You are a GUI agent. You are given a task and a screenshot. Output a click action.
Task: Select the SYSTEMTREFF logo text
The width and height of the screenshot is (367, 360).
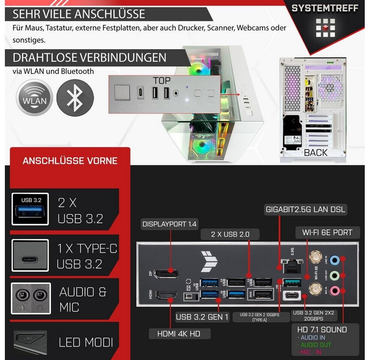point(325,8)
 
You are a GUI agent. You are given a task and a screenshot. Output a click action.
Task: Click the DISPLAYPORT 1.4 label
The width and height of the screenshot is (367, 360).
point(169,224)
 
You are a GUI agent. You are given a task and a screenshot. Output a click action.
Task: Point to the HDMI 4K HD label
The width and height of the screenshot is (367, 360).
point(180,333)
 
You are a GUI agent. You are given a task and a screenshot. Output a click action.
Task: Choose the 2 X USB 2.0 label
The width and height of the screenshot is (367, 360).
point(230,235)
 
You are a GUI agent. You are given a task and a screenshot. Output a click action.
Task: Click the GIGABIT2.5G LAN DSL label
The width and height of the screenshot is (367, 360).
point(306,209)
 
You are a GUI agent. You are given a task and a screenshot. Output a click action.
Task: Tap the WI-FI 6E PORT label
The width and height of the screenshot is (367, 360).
point(327,232)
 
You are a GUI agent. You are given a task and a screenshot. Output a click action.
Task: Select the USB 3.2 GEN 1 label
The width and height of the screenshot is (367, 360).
point(202,317)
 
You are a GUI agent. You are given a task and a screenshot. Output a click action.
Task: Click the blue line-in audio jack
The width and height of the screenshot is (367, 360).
point(336,259)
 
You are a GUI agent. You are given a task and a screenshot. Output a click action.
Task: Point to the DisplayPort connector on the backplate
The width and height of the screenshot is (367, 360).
point(166,273)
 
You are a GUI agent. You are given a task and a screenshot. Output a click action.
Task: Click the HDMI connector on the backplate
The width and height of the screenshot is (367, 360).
point(166,296)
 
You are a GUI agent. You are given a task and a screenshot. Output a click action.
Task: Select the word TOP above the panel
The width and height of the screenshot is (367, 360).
point(162,80)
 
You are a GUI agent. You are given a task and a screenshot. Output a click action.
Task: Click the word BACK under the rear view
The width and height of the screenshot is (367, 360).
point(316,153)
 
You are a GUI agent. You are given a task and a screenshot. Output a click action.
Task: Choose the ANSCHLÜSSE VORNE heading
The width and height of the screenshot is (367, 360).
point(70,161)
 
